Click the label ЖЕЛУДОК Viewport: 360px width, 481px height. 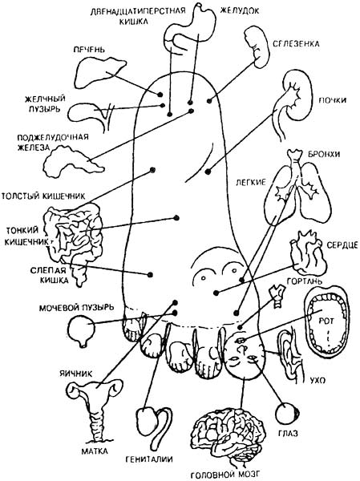(x=240, y=10)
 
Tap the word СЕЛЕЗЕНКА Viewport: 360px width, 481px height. (x=296, y=43)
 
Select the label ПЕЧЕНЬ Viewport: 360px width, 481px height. (x=89, y=50)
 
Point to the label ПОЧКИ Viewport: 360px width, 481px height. (x=333, y=100)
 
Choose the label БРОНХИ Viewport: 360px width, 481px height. (x=322, y=154)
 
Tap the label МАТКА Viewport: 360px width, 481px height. (x=95, y=451)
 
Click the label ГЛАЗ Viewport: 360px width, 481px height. (x=288, y=434)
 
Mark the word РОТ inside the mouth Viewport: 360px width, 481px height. (x=326, y=321)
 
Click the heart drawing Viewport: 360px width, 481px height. (x=306, y=253)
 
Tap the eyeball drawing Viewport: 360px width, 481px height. (x=288, y=414)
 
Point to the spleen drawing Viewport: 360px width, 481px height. (x=257, y=46)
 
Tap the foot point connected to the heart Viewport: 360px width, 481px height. (x=216, y=293)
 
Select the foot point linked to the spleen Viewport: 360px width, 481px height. (x=209, y=101)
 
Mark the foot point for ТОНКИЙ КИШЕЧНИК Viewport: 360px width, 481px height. (x=176, y=218)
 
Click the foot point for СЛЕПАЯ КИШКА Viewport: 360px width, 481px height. (x=151, y=274)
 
